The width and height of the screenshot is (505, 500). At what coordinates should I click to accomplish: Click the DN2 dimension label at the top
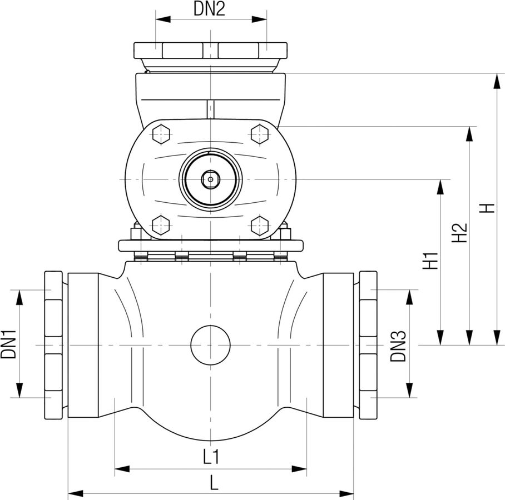(x=209, y=9)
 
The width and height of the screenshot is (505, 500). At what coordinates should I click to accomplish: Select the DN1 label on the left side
(x=8, y=344)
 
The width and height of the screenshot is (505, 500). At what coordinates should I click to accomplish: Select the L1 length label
(x=210, y=457)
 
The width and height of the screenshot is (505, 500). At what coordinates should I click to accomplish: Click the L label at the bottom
(x=214, y=483)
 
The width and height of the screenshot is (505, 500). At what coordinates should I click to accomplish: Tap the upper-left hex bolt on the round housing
(x=160, y=134)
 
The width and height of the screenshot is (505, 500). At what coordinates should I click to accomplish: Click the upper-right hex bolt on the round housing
(x=260, y=134)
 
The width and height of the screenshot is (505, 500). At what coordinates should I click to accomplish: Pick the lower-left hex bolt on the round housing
(x=160, y=225)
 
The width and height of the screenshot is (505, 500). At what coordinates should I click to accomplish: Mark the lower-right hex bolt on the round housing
(x=260, y=225)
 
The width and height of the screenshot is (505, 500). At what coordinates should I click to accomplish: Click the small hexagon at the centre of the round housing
(x=210, y=179)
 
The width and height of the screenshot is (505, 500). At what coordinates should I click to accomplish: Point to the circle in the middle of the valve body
(x=210, y=345)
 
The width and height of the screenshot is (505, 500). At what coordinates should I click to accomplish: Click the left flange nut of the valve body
(x=53, y=345)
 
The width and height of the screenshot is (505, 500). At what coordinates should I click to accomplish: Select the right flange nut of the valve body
(x=368, y=345)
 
